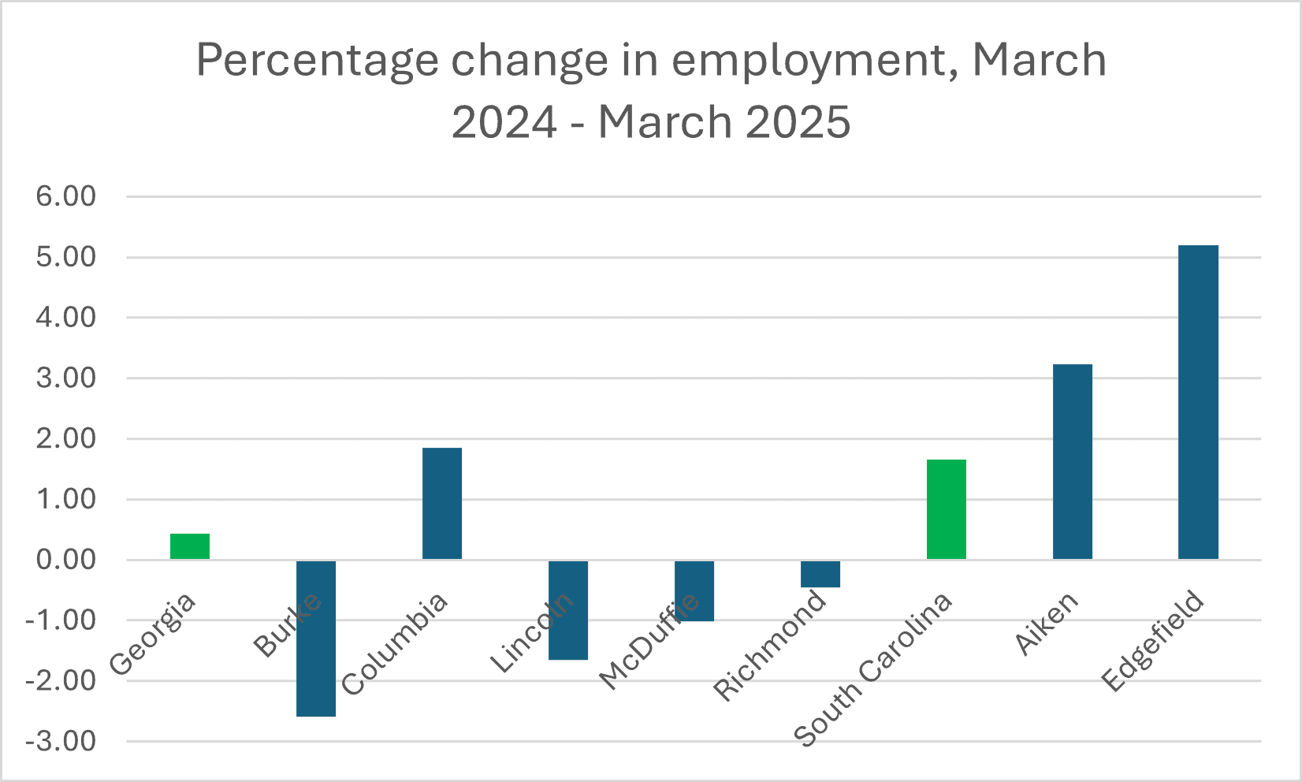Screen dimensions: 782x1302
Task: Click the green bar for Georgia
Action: point(190,546)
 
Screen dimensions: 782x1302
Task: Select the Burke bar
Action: point(316,638)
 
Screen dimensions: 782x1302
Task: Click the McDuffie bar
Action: point(694,590)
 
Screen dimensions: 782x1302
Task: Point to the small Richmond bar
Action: point(820,574)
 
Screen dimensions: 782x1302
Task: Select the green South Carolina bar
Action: point(947,509)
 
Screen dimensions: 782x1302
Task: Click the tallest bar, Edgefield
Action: point(1198,402)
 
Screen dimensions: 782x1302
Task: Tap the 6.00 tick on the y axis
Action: point(66,196)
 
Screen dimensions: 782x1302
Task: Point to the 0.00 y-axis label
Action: point(66,560)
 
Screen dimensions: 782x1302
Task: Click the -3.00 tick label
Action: point(61,741)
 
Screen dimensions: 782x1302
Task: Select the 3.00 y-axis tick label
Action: point(66,378)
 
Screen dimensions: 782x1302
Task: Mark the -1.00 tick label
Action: point(61,620)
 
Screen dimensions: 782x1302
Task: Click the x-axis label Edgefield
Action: point(1154,641)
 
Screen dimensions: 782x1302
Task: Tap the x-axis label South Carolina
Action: point(874,669)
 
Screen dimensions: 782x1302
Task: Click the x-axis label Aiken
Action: point(1047,623)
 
